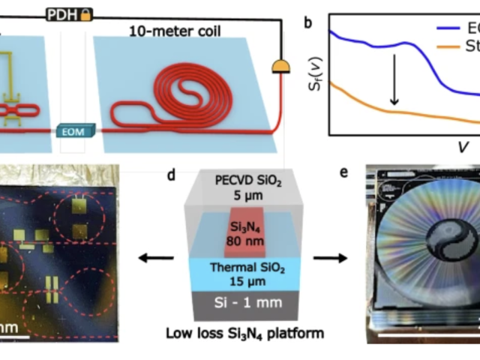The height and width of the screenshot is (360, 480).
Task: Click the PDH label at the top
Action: point(64,14)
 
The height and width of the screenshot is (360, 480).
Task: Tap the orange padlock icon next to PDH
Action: point(86,14)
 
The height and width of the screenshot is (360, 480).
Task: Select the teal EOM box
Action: point(74,132)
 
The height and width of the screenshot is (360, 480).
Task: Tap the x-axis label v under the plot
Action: point(463,145)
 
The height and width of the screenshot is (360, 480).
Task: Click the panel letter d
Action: point(172,175)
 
